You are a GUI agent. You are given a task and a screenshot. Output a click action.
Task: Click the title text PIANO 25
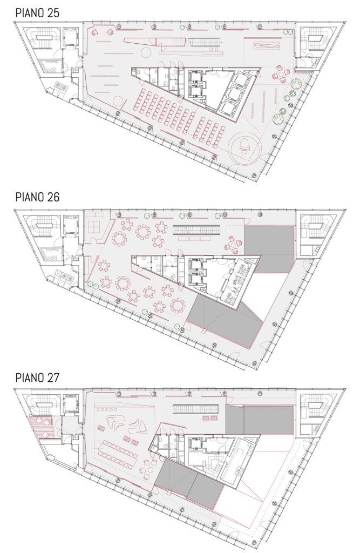click(x=37, y=13)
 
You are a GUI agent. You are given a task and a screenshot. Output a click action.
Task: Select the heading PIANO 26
click(x=37, y=197)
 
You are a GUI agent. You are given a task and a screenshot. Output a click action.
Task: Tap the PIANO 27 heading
click(x=37, y=377)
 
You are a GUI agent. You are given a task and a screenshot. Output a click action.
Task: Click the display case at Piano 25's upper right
click(x=267, y=45)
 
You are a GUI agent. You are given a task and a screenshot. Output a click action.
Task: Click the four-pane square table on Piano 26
click(x=95, y=226)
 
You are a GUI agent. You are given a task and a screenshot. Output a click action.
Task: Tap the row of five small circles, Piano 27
click(x=106, y=410)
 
